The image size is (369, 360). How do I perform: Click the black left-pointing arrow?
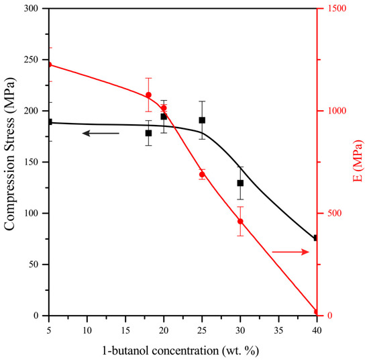coord(100,134)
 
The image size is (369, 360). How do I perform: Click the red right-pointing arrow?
coord(291,252)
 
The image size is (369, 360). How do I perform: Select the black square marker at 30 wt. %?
coord(240,183)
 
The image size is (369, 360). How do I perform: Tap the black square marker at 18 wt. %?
coord(148,133)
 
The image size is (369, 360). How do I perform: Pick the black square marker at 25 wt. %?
coord(202,120)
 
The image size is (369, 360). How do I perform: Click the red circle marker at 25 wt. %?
coord(202,174)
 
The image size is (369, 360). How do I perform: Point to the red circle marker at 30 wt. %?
coord(240,221)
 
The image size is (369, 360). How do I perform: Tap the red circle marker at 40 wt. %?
coord(316,312)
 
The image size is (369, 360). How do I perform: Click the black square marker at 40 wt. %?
coord(316,238)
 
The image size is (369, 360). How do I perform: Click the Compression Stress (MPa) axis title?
coord(10,162)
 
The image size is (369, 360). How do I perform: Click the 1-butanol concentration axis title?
coord(182,350)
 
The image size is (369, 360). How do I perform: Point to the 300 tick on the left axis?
coord(35,9)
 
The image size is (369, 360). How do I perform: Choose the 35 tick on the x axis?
coord(278,330)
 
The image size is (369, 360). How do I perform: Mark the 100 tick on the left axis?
coord(35,214)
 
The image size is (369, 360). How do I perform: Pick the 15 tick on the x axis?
coord(125,330)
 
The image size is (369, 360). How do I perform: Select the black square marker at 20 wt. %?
coord(164,116)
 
